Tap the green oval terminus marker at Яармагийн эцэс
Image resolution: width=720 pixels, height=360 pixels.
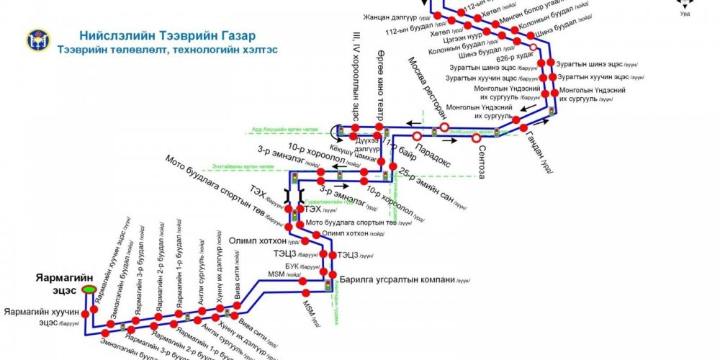coord(89,289)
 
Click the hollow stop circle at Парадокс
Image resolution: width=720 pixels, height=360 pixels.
coord(417,135)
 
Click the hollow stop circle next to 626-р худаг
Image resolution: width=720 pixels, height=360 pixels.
coord(533,48)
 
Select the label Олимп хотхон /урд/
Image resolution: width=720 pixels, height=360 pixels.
coord(256,240)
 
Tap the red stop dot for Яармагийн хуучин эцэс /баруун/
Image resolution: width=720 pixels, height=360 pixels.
coord(85,315)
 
